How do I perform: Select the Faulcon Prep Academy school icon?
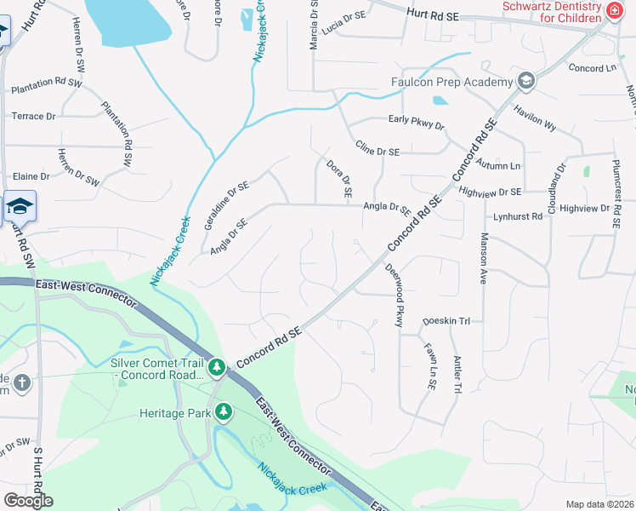point(526,81)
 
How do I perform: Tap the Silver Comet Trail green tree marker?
point(218,367)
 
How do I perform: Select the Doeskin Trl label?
point(446,321)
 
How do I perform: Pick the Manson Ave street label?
point(483,258)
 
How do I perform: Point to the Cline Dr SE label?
point(378,151)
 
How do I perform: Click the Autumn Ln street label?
point(498,163)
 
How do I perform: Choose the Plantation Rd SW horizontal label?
point(47,87)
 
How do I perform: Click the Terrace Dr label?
point(33,116)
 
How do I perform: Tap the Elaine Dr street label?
point(31,176)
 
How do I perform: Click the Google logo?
point(28,501)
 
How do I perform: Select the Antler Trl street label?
point(457,374)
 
